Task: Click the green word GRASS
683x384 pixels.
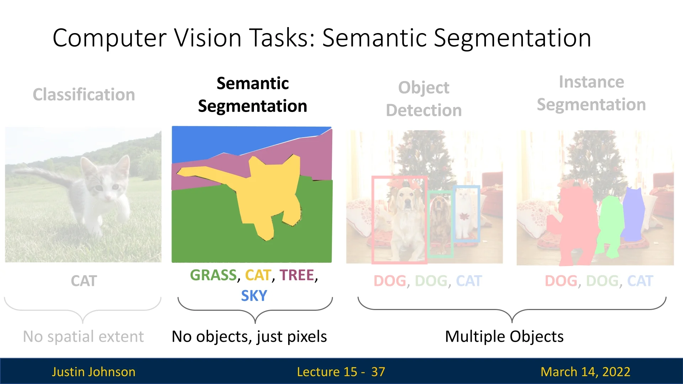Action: pyautogui.click(x=213, y=275)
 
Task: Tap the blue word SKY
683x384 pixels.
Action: pyautogui.click(x=254, y=296)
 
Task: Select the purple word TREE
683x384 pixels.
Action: pyautogui.click(x=297, y=275)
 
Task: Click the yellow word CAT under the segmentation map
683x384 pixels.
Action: pyautogui.click(x=258, y=275)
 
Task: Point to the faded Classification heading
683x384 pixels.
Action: pyautogui.click(x=84, y=95)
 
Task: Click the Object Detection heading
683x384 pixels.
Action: pyautogui.click(x=424, y=99)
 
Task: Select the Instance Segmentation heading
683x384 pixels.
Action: pyautogui.click(x=591, y=93)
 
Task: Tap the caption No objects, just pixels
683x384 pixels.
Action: pyautogui.click(x=249, y=336)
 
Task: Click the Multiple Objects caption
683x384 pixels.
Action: pyautogui.click(x=504, y=336)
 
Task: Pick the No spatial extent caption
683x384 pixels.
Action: pyautogui.click(x=84, y=336)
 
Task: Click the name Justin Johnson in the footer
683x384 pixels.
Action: pyautogui.click(x=94, y=372)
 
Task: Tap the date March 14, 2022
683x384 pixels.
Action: pyautogui.click(x=585, y=372)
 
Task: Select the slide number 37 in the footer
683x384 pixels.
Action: pyautogui.click(x=378, y=372)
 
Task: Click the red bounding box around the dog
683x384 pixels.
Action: pyautogui.click(x=373, y=220)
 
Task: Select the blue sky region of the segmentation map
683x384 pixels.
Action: pyautogui.click(x=221, y=142)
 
